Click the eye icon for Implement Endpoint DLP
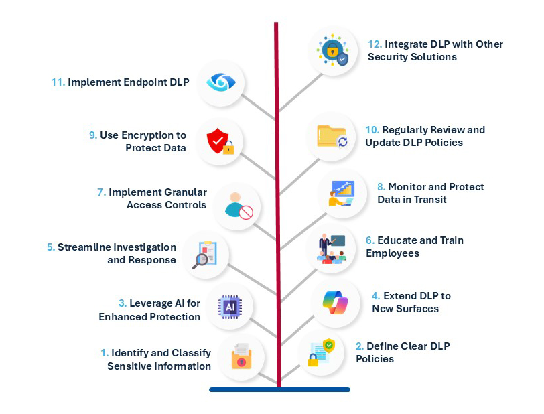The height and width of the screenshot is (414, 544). pyautogui.click(x=218, y=82)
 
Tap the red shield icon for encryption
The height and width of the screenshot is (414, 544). pyautogui.click(x=219, y=141)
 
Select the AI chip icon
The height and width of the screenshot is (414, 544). pyautogui.click(x=228, y=307)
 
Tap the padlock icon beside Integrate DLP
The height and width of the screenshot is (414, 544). pyautogui.click(x=333, y=52)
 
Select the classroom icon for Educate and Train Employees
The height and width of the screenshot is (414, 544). pyautogui.click(x=331, y=247)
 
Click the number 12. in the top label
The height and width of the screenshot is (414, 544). pyautogui.click(x=375, y=44)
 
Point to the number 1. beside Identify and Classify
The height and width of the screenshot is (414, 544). pyautogui.click(x=105, y=352)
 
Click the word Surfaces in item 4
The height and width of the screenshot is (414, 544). pyautogui.click(x=417, y=308)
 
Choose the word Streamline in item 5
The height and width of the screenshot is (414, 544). pyautogui.click(x=86, y=247)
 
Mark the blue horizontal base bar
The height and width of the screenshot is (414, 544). pyautogui.click(x=279, y=389)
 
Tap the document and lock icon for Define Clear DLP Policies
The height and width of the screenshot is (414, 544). pyautogui.click(x=321, y=356)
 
